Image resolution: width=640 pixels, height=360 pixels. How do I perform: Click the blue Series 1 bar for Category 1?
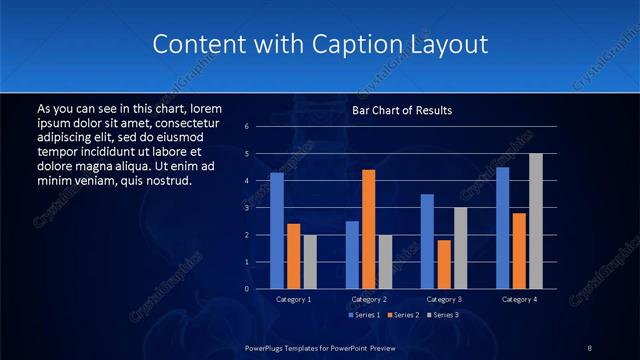(276, 230)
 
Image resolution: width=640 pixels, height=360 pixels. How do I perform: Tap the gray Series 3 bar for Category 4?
(536, 221)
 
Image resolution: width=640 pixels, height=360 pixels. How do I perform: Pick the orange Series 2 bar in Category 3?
(444, 264)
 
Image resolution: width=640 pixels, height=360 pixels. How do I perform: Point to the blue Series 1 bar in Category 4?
(502, 228)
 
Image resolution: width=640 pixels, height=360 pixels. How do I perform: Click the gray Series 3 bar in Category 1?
(310, 262)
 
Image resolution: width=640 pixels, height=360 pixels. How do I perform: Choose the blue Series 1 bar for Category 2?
(352, 255)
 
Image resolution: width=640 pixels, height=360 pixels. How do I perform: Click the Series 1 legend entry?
(363, 315)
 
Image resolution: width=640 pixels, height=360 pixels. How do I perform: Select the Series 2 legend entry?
(402, 315)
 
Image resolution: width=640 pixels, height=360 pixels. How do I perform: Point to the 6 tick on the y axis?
(246, 127)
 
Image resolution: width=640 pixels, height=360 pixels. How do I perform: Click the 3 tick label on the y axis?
(246, 208)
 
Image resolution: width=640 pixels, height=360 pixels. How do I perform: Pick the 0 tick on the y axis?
(246, 289)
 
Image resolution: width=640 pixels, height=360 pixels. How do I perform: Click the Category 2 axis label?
(368, 299)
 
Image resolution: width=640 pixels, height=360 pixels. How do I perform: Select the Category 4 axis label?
(519, 299)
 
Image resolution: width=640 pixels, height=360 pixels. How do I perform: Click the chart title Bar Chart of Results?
(402, 110)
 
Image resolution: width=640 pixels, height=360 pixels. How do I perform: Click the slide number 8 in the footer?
(590, 347)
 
